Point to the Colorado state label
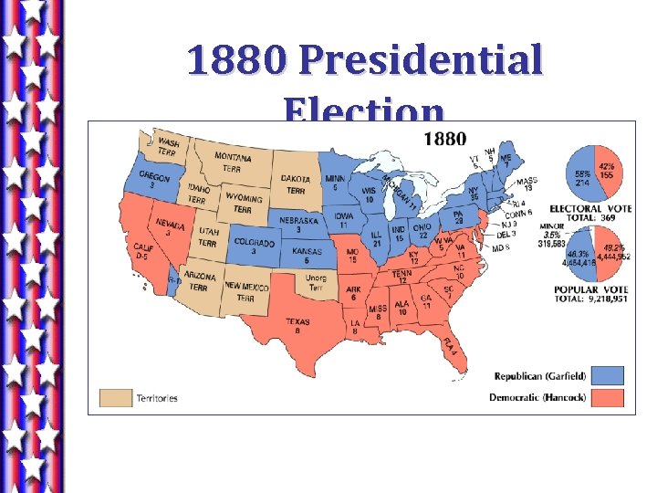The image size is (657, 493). (253, 246)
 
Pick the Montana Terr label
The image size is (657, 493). (234, 163)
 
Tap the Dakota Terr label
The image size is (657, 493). (295, 184)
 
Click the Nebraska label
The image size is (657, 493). (298, 224)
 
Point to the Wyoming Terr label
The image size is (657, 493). (243, 203)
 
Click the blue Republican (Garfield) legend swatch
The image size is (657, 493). (606, 375)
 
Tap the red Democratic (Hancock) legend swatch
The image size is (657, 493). (606, 397)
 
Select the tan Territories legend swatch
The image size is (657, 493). (115, 397)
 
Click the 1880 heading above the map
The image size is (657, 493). (444, 139)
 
